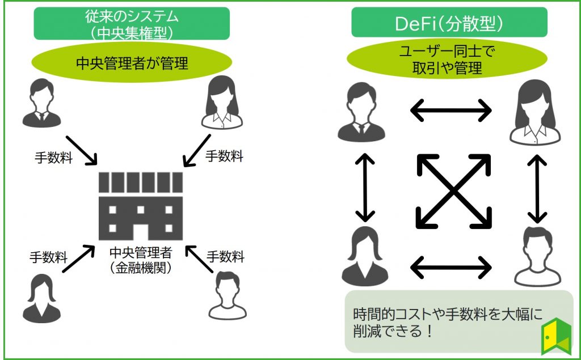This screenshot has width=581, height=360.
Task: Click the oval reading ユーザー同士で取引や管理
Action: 448,61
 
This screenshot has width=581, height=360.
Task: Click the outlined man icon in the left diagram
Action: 228,296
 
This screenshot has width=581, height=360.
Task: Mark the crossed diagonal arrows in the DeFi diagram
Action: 454,190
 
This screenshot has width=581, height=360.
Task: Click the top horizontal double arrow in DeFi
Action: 451,110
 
